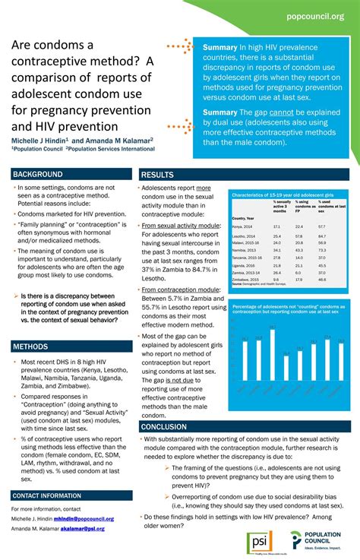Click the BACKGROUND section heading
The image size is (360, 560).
point(38,174)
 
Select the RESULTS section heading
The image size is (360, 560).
point(157,175)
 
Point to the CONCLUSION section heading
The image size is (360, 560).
point(163,427)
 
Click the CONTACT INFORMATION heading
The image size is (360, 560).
point(46,495)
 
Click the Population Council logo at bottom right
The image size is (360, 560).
point(318,542)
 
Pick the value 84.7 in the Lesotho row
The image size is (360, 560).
point(321,237)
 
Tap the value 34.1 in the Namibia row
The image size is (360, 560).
point(276,249)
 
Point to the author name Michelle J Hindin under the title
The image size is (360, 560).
point(38,141)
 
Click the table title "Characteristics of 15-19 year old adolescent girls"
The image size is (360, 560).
point(283,195)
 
